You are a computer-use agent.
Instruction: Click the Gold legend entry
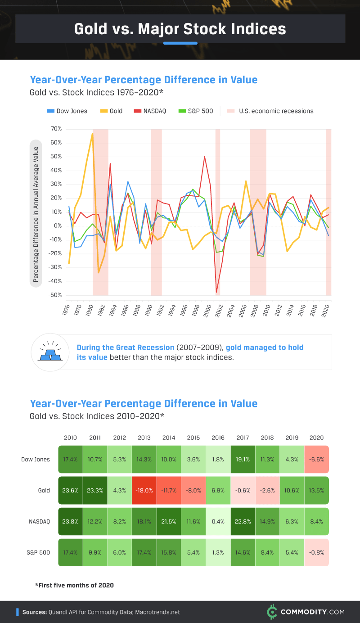tap(111, 111)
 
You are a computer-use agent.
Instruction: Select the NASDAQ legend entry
tap(150, 111)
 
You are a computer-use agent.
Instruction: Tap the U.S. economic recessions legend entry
tap(270, 111)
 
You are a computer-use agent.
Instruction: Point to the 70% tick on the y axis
tap(56, 129)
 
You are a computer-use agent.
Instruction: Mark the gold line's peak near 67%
tap(92, 133)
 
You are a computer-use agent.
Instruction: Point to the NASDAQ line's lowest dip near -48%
tap(216, 292)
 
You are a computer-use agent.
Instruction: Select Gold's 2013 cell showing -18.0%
tap(144, 491)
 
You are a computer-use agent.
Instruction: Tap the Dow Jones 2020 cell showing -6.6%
tap(316, 460)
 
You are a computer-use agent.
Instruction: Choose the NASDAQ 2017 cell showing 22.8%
tap(243, 521)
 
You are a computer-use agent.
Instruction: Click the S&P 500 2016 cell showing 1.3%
tap(218, 552)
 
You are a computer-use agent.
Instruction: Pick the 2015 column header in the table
tap(193, 438)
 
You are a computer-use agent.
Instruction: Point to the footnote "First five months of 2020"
tap(74, 585)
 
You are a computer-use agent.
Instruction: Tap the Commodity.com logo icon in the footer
tap(271, 612)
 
